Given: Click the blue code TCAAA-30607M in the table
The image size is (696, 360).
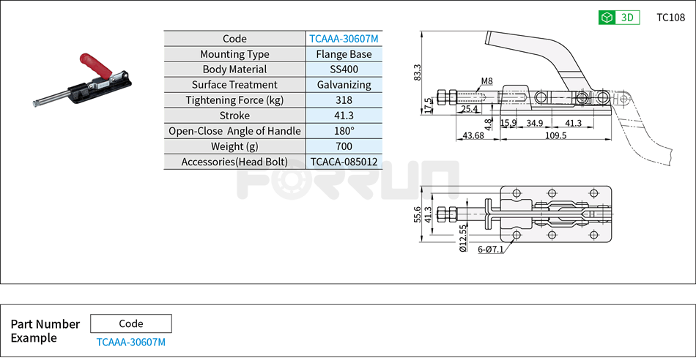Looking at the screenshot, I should [344, 39].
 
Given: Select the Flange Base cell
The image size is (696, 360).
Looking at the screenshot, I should [344, 54].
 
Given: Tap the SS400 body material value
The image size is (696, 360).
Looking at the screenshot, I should [344, 70].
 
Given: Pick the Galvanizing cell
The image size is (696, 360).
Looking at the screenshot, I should [344, 85].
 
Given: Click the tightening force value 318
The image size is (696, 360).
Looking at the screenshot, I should [344, 100].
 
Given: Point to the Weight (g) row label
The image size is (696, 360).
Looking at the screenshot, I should [234, 146].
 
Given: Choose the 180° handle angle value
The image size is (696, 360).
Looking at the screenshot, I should [344, 131].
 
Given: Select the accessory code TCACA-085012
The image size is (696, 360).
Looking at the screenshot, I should [344, 162].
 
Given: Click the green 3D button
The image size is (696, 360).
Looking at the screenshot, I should [619, 18].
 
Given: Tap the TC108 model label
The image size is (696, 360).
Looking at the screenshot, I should [670, 18].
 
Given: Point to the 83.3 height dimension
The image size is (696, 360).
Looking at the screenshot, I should [418, 72].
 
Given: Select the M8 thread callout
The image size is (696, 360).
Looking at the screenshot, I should [487, 80].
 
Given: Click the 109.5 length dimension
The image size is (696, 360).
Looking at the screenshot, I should [556, 135].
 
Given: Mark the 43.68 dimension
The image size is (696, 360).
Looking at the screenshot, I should [473, 135].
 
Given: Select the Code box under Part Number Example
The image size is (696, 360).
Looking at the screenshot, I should [131, 323].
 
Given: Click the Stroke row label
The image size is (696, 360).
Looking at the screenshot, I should [234, 116].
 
